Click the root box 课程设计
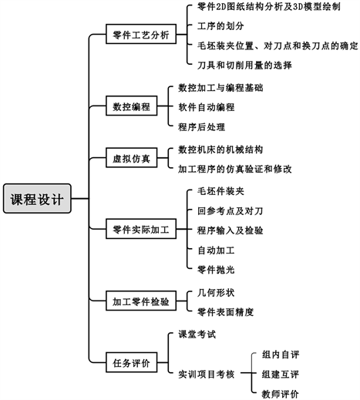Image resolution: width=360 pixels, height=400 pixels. pyautogui.click(x=37, y=198)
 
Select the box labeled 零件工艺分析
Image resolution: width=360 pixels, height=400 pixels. pyautogui.click(x=141, y=34)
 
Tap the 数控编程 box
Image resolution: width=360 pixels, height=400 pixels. pyautogui.click(x=132, y=106)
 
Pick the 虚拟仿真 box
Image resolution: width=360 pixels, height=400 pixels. pyautogui.click(x=132, y=158)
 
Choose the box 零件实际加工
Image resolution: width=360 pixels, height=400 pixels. pyautogui.click(x=141, y=229)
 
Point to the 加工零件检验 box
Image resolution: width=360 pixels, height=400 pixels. pyautogui.click(x=141, y=301)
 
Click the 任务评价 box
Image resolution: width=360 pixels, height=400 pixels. pyautogui.click(x=132, y=362)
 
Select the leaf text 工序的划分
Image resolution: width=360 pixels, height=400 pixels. pyautogui.click(x=220, y=26)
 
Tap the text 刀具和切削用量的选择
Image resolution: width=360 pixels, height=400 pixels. pyautogui.click(x=244, y=65)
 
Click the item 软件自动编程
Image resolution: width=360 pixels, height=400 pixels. pyautogui.click(x=207, y=107)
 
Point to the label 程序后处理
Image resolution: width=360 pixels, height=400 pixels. pyautogui.click(x=202, y=127)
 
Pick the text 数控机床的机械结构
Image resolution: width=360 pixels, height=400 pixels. pyautogui.click(x=220, y=150)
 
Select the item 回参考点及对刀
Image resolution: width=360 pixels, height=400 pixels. pyautogui.click(x=230, y=211)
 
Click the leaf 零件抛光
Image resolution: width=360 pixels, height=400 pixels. pyautogui.click(x=216, y=270)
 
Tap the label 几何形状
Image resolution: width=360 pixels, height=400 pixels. pyautogui.click(x=216, y=292)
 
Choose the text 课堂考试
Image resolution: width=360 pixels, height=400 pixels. pyautogui.click(x=197, y=334)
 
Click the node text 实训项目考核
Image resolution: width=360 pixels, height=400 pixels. pyautogui.click(x=207, y=375)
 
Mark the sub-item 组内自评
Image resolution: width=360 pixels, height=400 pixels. pyautogui.click(x=281, y=355)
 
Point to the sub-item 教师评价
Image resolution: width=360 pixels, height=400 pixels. pyautogui.click(x=281, y=394)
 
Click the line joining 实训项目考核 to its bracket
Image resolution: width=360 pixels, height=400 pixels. pyautogui.click(x=246, y=373)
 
